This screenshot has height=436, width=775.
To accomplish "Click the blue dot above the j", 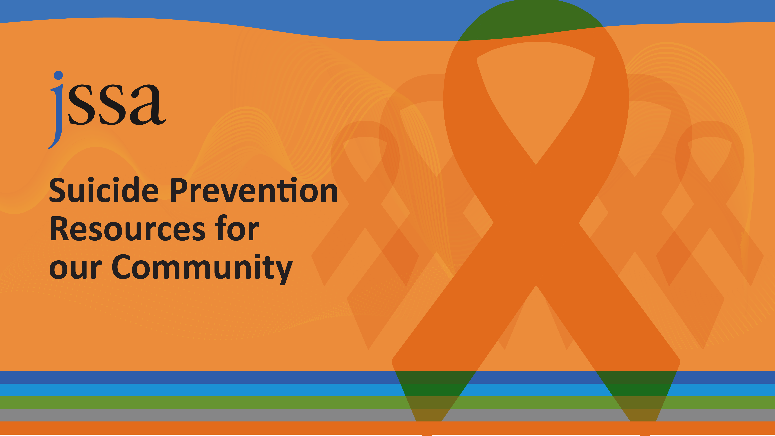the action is pyautogui.click(x=58, y=75).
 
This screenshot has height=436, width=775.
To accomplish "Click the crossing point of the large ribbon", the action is pyautogui.click(x=536, y=224).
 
